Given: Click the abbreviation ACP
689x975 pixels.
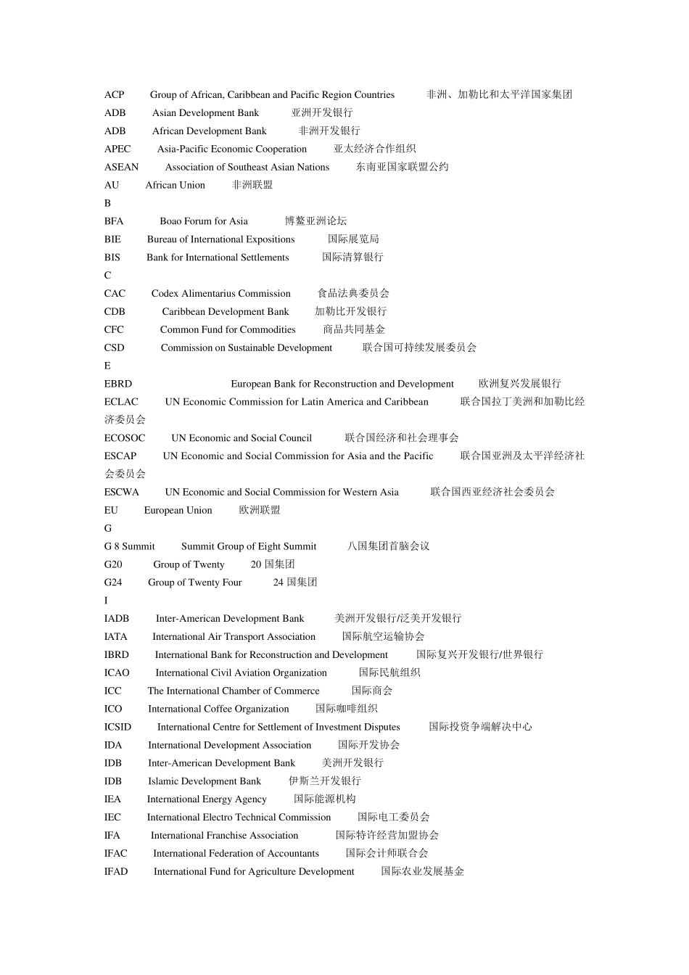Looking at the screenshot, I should [114, 94].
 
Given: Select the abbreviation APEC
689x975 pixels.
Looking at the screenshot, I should [117, 149].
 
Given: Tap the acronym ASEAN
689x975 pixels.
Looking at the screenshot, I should [121, 167].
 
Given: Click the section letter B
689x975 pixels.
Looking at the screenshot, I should [107, 203].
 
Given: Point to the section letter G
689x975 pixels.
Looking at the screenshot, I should [108, 528].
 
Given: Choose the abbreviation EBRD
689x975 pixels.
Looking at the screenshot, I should [118, 384].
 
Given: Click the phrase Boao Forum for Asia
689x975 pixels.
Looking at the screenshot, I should [204, 221].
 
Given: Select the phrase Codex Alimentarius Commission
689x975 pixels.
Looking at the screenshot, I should [220, 294].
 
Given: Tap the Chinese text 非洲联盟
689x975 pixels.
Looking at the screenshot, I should [252, 185].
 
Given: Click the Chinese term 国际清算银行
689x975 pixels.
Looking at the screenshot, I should [352, 257].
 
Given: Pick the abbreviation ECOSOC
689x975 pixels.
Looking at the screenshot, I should [125, 438].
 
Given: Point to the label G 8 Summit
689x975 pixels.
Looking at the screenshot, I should [129, 546].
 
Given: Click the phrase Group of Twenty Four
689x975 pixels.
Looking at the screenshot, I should [194, 583].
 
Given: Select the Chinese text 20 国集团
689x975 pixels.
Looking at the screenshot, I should [273, 564].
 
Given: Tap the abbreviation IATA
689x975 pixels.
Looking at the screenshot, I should [115, 637].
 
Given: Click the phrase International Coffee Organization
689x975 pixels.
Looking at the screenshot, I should [218, 709].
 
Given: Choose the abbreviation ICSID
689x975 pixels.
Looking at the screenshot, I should [117, 727].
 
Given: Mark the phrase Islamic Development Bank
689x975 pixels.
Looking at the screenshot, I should [205, 781].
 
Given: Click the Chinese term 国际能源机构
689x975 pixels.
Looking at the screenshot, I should [324, 799].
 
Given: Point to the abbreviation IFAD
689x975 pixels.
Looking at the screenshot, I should [116, 871].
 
